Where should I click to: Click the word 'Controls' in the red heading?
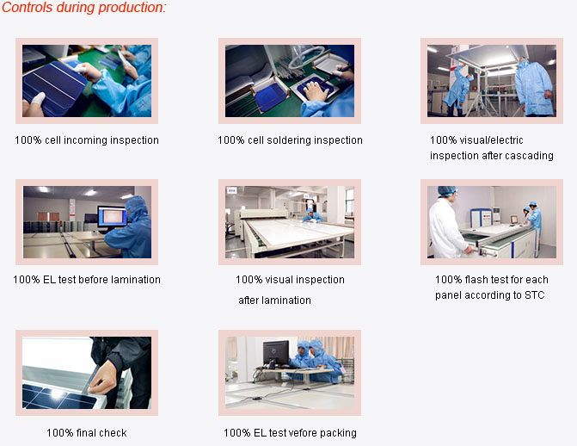pos(28,8)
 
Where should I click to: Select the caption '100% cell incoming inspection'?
pos(87,140)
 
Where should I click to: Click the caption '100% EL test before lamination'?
pos(87,279)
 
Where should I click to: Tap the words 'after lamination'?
pos(274,300)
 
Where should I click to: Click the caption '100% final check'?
pos(87,432)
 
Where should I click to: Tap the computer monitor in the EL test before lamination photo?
pos(113,217)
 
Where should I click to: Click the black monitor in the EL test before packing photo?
pos(276,352)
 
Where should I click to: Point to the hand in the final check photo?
pos(103,377)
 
